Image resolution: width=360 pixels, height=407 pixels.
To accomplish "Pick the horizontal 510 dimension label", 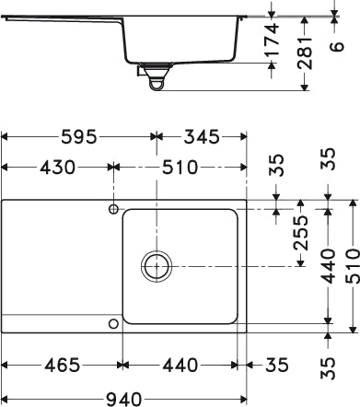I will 180,169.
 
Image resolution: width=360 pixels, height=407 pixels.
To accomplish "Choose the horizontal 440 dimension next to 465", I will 180,365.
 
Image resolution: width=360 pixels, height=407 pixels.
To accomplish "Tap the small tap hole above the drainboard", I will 113,210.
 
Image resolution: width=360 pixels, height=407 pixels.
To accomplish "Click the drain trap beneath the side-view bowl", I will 157,81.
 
